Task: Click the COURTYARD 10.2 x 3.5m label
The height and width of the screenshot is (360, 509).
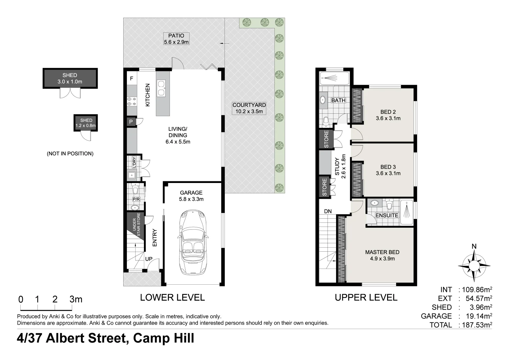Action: click(249, 108)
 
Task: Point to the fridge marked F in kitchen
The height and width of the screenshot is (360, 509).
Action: click(132, 79)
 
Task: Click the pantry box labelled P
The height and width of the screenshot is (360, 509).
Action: click(131, 122)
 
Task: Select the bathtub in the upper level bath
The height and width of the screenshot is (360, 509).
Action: click(334, 78)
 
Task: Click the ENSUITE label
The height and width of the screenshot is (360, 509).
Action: click(387, 215)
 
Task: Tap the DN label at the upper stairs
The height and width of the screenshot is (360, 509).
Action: click(328, 211)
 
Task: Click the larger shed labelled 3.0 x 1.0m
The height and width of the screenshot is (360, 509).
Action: click(70, 78)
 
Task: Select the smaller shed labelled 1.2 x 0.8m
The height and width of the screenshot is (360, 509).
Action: click(86, 123)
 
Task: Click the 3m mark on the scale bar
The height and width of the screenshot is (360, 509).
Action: click(76, 299)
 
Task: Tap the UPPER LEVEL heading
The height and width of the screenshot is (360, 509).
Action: click(366, 297)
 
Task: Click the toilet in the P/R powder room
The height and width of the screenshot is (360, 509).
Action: click(135, 190)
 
